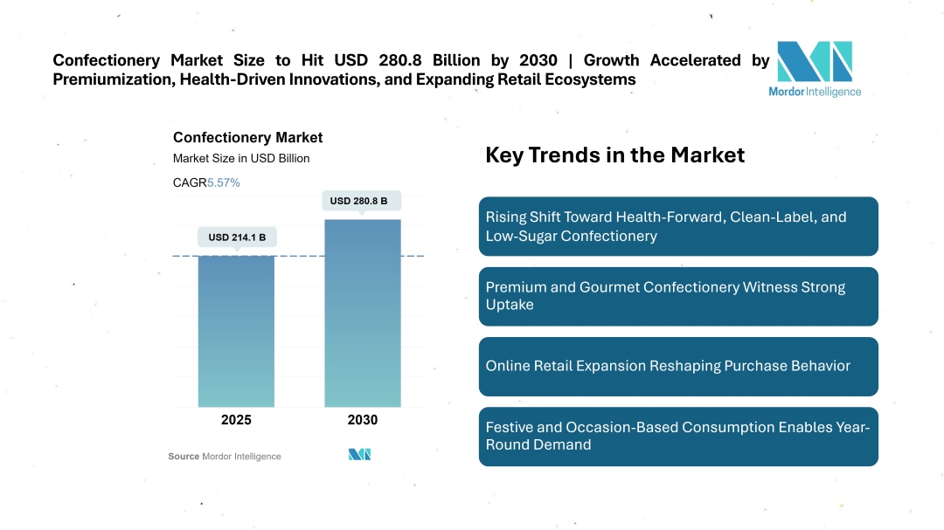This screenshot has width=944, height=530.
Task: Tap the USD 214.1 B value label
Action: click(236, 237)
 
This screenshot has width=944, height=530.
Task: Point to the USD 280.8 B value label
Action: click(362, 201)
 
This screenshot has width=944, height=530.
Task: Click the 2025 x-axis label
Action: click(236, 420)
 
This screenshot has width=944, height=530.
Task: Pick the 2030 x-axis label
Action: click(362, 420)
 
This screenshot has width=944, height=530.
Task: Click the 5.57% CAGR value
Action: click(224, 182)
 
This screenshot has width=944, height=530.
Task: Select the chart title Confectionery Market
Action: click(247, 137)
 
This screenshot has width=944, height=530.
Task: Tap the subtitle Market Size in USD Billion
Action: click(241, 159)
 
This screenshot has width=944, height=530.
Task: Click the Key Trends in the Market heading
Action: click(614, 155)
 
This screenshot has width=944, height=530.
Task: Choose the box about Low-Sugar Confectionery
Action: click(677, 226)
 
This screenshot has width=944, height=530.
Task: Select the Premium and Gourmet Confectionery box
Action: click(677, 296)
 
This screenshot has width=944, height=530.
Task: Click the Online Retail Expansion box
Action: click(677, 366)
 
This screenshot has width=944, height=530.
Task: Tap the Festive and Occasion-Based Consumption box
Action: click(677, 436)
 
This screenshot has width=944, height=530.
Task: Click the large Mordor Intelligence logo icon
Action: click(814, 61)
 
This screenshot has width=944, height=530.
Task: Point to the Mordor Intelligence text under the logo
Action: click(814, 92)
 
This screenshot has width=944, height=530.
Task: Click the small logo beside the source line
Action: click(360, 454)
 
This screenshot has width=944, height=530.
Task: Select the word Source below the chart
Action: click(184, 457)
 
